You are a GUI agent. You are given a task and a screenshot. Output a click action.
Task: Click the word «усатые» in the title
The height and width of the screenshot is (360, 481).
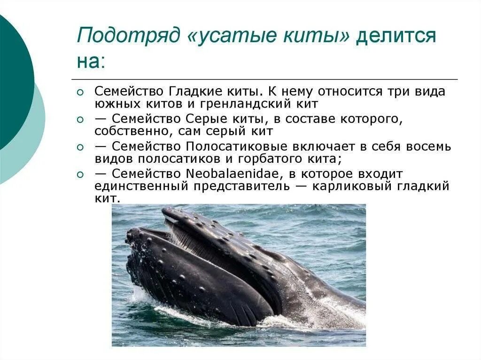tap(226, 36)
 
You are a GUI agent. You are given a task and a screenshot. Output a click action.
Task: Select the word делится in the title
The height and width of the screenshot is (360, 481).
tap(396, 36)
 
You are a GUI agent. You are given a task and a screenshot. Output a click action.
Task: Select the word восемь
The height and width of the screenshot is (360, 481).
tap(426, 146)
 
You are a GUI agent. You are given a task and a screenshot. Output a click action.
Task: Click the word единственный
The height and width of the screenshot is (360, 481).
tap(139, 186)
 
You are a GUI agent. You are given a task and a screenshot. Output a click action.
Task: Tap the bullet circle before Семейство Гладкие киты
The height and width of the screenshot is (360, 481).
tap(80, 92)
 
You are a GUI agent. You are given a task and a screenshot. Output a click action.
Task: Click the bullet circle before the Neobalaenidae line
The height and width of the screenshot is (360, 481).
tap(80, 175)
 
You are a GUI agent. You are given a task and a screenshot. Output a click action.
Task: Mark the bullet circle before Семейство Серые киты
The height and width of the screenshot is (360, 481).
tap(80, 120)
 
